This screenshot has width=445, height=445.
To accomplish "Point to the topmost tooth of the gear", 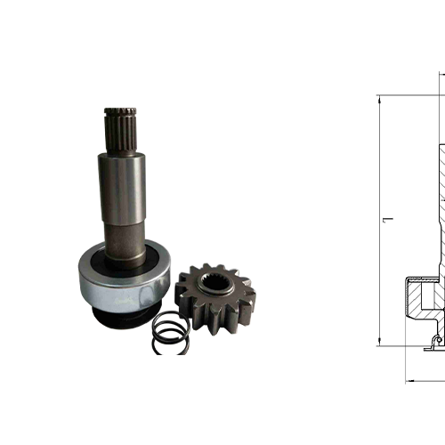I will coord(210,267).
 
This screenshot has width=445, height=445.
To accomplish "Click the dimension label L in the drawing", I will coord(386,220).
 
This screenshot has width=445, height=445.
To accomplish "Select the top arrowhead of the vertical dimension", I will coord(380,99).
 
